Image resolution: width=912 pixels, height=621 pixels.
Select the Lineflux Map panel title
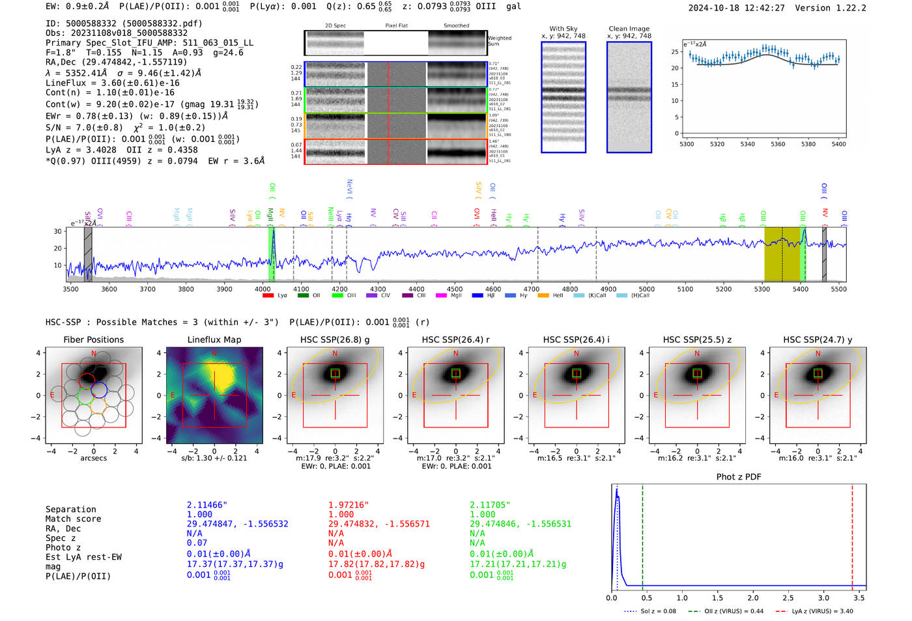coord(214,339)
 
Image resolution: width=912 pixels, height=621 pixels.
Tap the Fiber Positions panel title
coord(93,339)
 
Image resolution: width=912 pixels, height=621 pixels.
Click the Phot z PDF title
coord(738,477)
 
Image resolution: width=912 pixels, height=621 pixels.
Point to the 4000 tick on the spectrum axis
coord(263,289)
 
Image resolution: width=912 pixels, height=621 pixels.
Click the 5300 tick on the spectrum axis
coord(762,289)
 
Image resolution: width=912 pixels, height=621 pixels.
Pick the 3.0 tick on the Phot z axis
coord(823,598)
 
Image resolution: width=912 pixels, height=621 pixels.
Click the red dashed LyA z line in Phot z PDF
coord(852,534)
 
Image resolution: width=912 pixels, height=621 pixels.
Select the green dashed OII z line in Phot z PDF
coord(642,534)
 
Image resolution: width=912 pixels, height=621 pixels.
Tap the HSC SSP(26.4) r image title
coord(455,339)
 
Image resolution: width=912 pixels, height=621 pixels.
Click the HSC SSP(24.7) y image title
coord(818,339)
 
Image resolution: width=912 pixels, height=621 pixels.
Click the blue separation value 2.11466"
coord(207,505)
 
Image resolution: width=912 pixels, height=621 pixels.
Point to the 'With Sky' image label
coord(563,29)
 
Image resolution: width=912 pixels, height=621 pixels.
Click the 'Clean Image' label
coord(629,29)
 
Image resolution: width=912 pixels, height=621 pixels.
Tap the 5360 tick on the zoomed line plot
coord(778,144)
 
